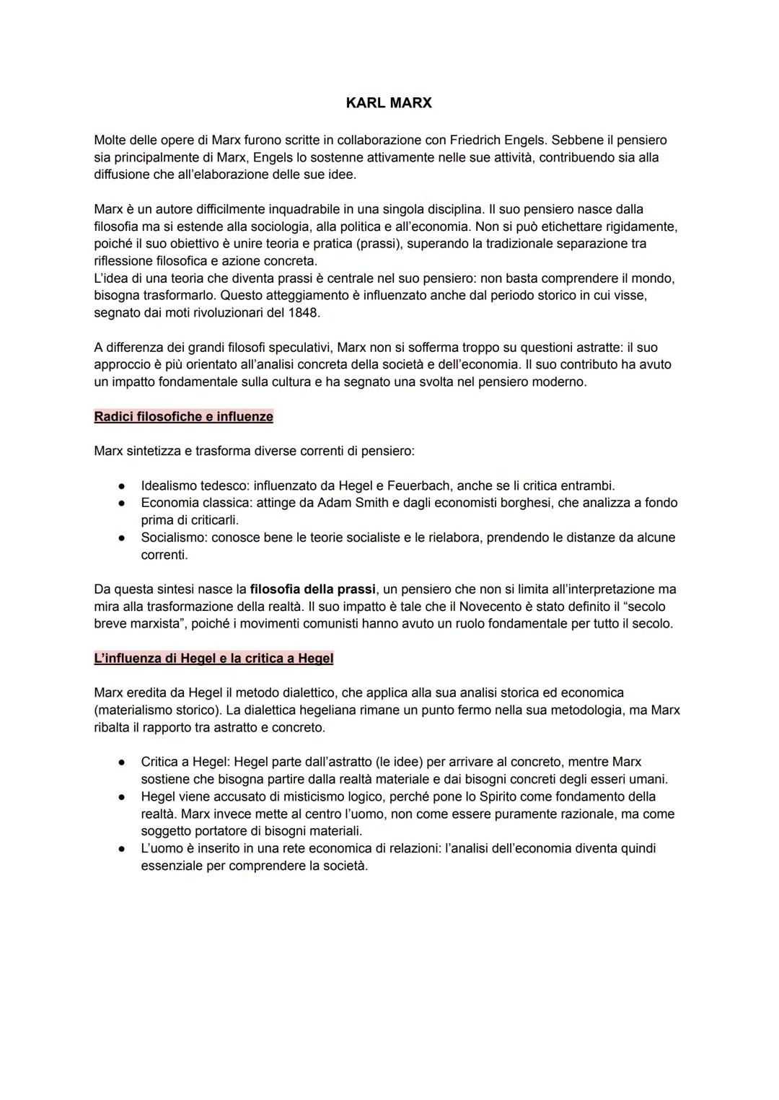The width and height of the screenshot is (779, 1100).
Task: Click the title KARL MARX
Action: (x=389, y=103)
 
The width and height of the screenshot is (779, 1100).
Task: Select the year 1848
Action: (x=304, y=313)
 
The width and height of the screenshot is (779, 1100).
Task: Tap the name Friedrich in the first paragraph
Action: (x=476, y=140)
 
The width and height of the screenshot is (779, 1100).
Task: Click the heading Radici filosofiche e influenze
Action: (x=184, y=417)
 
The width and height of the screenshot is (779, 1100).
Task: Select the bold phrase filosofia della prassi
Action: (x=312, y=589)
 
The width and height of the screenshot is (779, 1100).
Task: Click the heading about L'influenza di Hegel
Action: (x=214, y=659)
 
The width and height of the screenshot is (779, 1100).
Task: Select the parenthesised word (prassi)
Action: (x=379, y=244)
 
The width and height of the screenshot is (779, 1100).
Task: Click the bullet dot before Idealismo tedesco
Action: (x=123, y=486)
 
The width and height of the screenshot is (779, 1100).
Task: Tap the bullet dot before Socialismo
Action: (x=123, y=538)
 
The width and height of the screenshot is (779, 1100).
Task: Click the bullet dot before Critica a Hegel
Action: (x=123, y=762)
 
